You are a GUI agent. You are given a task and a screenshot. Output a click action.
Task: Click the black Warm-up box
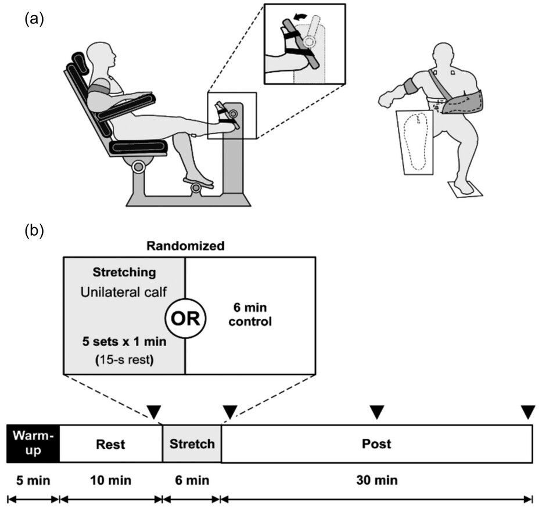click(33, 444)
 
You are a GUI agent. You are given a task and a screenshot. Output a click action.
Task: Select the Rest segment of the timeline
click(110, 444)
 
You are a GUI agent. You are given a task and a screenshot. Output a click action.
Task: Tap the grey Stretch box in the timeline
click(192, 444)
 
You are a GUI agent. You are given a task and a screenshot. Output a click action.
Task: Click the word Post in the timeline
click(377, 444)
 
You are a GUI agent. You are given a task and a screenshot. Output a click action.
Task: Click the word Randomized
click(185, 246)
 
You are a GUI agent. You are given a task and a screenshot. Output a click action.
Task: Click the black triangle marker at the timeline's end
click(527, 412)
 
